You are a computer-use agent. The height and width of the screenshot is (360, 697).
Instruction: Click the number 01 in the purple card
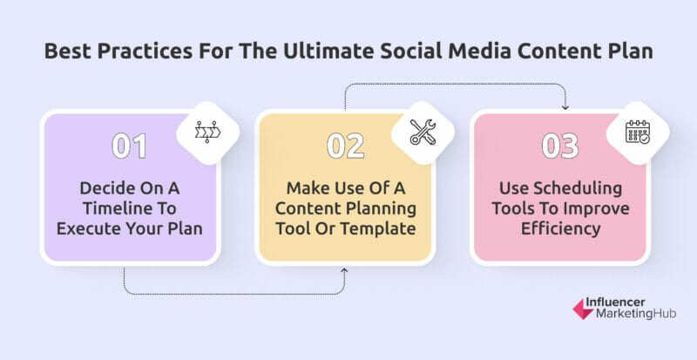129,146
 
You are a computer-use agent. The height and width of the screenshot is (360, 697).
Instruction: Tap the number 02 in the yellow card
345,146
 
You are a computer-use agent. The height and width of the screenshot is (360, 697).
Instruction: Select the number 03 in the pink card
560,146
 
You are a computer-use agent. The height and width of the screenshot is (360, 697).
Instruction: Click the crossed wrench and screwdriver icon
423,132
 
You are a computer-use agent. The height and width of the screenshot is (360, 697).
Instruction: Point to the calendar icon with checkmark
638,132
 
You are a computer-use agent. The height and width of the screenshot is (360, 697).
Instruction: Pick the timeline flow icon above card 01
207,132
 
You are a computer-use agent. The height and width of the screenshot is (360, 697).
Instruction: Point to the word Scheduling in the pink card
580,188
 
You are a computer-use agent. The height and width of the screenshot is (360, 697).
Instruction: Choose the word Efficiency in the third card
560,229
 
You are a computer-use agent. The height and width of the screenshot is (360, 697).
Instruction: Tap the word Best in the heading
68,51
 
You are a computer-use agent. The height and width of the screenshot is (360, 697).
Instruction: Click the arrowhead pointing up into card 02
344,270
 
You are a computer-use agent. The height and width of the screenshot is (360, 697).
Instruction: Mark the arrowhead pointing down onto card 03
565,107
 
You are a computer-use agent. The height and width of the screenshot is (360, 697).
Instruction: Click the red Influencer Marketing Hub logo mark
583,309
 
